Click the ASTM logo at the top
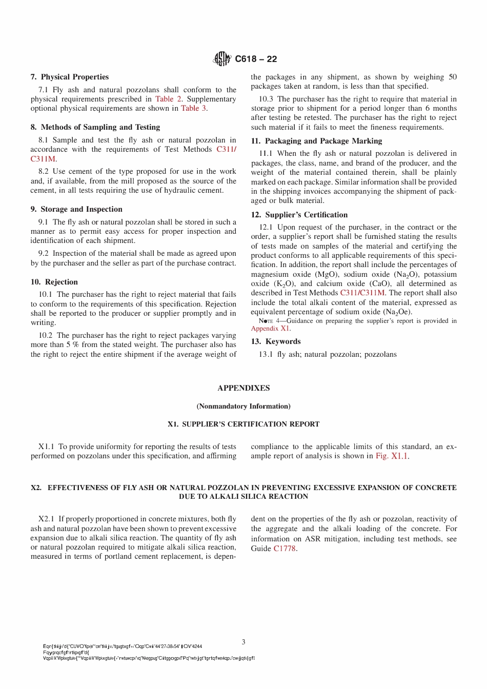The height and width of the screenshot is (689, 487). (x=222, y=59)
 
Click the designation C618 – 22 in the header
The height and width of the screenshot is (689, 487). (x=256, y=59)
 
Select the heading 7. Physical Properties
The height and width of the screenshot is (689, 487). (x=70, y=77)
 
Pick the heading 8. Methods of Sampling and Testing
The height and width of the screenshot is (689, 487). (x=95, y=127)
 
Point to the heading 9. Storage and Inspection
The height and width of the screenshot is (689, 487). (x=76, y=209)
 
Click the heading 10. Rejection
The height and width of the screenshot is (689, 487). (x=54, y=282)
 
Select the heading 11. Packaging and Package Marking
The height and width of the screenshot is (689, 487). (x=316, y=141)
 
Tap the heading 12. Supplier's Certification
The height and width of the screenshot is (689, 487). (x=299, y=215)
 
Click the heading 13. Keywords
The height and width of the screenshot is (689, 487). (x=276, y=341)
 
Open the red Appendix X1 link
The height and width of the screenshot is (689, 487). (x=270, y=329)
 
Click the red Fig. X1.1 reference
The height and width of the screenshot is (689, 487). (x=392, y=456)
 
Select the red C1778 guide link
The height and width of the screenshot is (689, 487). (x=285, y=549)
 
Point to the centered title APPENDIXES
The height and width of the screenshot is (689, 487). (x=243, y=388)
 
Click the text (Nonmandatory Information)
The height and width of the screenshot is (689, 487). (x=243, y=406)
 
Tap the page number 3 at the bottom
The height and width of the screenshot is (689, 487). (x=243, y=642)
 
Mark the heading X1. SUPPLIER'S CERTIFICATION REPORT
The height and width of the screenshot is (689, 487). (x=243, y=424)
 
